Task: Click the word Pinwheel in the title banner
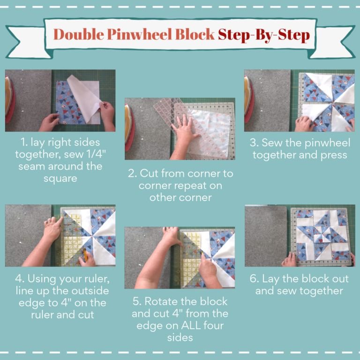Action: pyautogui.click(x=139, y=35)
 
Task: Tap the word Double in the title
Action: pyautogui.click(x=79, y=34)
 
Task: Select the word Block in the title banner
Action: pyautogui.click(x=195, y=34)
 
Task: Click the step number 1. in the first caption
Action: pyautogui.click(x=24, y=142)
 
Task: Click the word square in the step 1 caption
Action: pyautogui.click(x=60, y=179)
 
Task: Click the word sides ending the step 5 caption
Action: pyautogui.click(x=180, y=337)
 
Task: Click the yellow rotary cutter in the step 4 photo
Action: pyautogui.click(x=85, y=254)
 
